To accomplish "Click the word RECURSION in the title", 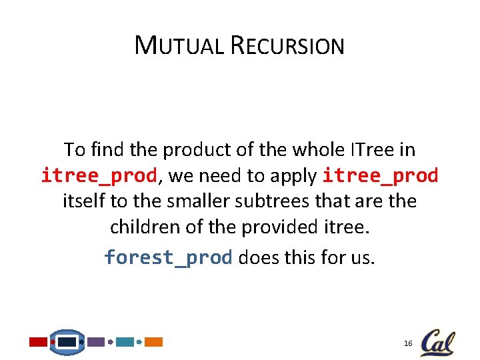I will click(288, 45).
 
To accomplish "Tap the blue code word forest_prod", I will click(168, 257).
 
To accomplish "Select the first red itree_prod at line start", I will click(99, 176).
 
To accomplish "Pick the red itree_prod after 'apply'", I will click(381, 176).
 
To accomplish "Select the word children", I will click(141, 228).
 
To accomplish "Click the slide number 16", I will click(408, 343).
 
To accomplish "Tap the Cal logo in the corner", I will click(438, 343).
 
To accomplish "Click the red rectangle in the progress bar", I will click(38, 342).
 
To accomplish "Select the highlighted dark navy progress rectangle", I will click(67, 342).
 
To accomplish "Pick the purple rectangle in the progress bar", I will click(96, 342).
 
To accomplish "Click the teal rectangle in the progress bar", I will click(125, 342).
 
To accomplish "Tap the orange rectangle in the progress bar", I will click(154, 342).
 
